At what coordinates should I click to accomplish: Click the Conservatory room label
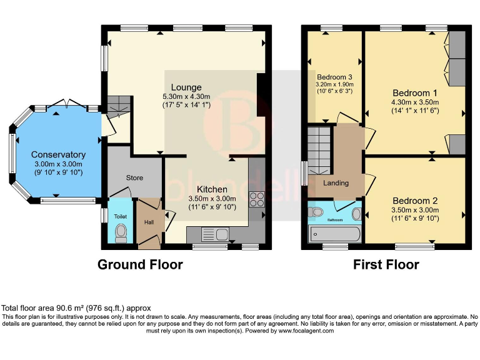tap(58, 154)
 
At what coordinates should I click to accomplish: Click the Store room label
tap(134, 178)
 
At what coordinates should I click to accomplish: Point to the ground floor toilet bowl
tap(121, 232)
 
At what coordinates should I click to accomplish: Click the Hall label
tap(149, 222)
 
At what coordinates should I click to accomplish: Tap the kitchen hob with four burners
tap(257, 199)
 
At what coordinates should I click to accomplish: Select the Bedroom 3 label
tap(335, 77)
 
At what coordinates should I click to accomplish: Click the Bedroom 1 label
tap(415, 92)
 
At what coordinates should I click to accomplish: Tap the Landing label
tap(336, 183)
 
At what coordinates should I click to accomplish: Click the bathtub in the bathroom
tap(334, 235)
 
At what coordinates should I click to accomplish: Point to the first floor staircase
tap(319, 150)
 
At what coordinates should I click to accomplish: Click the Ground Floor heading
tap(140, 264)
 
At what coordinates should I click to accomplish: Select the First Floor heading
tap(386, 264)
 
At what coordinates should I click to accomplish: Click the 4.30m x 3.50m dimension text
tap(415, 102)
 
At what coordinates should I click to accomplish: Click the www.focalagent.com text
tap(307, 331)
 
